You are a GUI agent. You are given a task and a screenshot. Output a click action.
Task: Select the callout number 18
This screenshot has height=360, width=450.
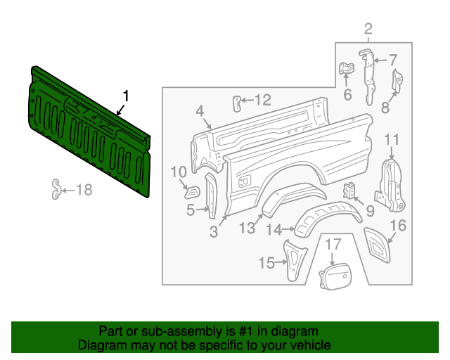(83, 189)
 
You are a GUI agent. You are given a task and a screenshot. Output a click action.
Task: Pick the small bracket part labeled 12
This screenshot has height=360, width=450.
(236, 103)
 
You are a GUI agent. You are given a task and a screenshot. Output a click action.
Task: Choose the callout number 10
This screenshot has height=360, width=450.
(179, 171)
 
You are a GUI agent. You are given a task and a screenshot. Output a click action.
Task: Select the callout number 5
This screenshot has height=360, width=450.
(191, 210)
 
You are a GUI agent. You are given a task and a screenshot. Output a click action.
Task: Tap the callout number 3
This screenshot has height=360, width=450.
(214, 231)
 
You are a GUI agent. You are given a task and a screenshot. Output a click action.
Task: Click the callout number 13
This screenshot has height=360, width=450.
(247, 227)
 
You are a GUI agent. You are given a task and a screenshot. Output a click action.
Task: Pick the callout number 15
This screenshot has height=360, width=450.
(266, 263)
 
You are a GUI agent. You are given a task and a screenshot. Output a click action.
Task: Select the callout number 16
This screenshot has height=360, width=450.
(398, 226)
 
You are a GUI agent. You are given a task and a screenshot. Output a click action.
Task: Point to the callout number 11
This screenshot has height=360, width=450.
(392, 139)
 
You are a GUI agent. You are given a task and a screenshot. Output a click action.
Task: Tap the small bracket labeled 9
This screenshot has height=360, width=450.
(349, 191)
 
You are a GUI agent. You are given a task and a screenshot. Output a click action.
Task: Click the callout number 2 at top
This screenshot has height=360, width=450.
(368, 29)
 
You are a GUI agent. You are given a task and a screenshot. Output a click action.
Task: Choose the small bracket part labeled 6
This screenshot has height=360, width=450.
(347, 71)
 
